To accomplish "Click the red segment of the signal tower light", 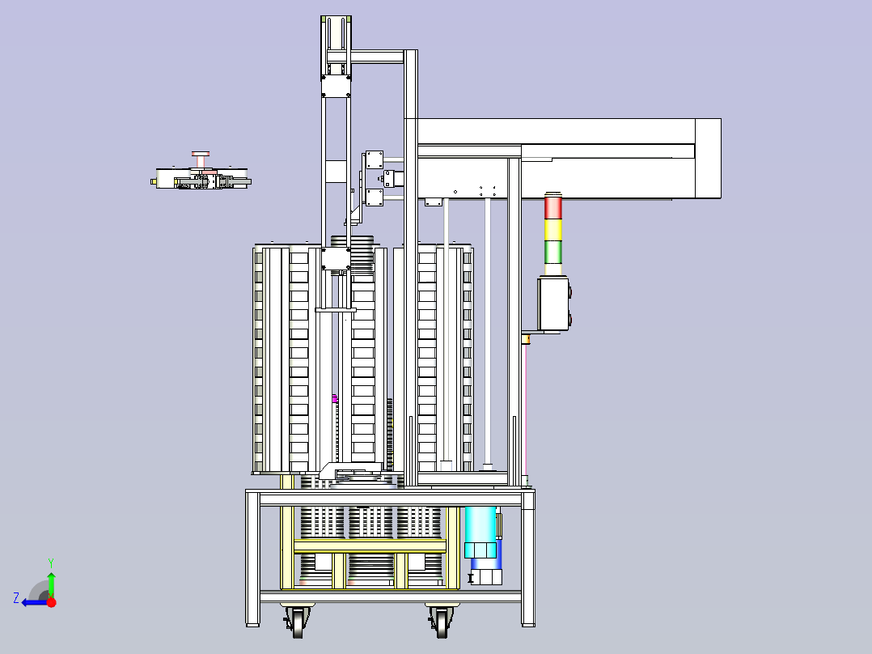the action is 552,207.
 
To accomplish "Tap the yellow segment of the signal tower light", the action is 552,229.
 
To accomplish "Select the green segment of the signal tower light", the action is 552,252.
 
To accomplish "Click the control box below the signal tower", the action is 554,304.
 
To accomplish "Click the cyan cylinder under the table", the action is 480,532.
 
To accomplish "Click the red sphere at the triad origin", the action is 51,601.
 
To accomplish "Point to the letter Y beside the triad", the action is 51,563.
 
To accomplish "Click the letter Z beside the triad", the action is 16,598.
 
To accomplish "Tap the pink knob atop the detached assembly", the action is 201,154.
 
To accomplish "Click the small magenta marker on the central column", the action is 335,398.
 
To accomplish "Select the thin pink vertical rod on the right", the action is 526,409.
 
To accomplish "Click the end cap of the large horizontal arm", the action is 708,158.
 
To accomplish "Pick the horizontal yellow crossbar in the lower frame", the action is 370,546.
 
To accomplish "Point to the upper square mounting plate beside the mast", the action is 374,159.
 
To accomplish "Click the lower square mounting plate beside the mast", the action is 374,197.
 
